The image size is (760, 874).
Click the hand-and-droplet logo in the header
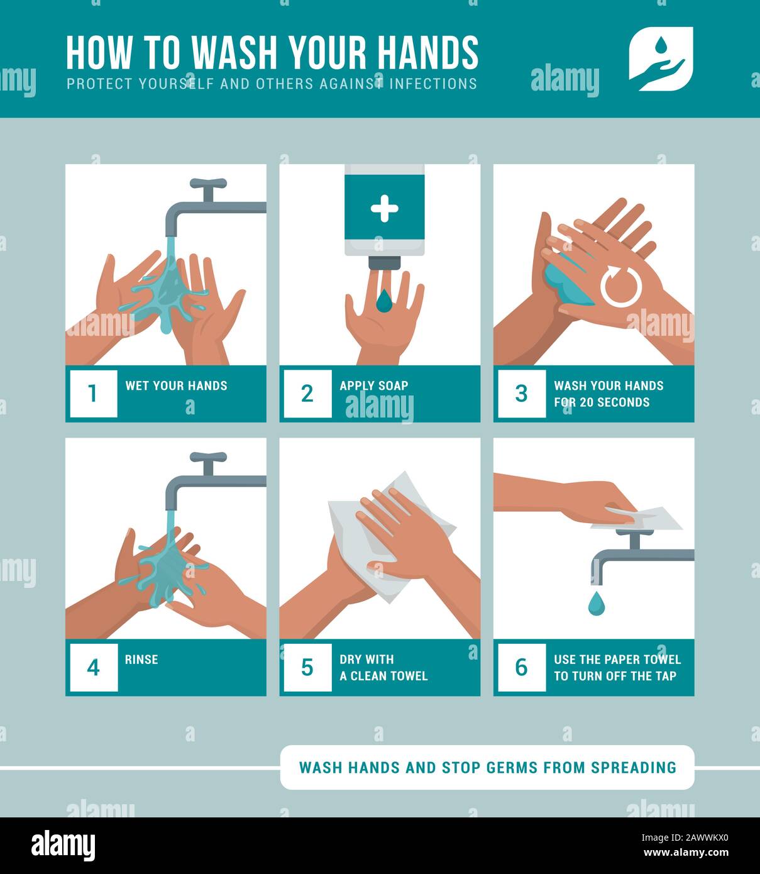click(661, 59)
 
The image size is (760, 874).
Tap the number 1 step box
click(94, 394)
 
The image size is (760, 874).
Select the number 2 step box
click(307, 394)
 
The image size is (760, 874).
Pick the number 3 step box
click(522, 394)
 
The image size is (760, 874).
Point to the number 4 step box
click(94, 667)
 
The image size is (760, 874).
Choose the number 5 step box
click(307, 667)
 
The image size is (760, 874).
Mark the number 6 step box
click(522, 667)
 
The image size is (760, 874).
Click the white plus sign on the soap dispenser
click(384, 209)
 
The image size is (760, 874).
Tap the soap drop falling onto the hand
click(384, 301)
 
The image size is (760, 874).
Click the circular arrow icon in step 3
click(621, 286)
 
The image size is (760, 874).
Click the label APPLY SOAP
click(373, 385)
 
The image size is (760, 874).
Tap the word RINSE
click(141, 659)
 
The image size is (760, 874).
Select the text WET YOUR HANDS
click(176, 385)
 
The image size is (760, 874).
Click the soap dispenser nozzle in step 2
click(384, 263)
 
